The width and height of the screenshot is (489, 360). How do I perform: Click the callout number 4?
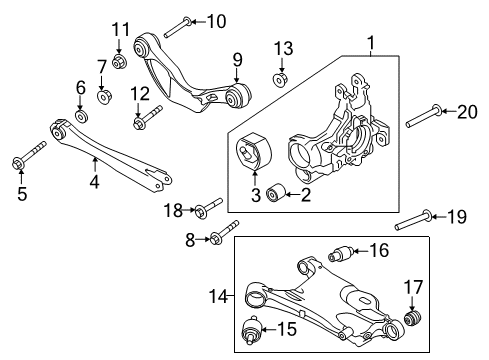coord(94,183)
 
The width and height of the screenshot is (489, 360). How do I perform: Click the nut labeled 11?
coord(119,62)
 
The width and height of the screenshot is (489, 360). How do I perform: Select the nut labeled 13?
coord(282,77)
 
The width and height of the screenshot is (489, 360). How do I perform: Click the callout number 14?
coord(226,295)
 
